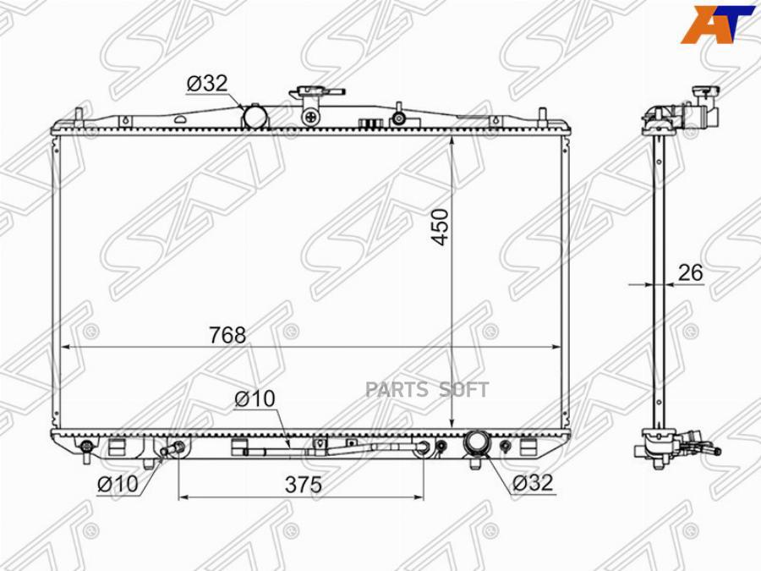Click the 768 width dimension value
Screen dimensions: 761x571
(227, 335)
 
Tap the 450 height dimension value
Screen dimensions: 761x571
(441, 228)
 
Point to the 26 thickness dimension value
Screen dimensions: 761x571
(690, 273)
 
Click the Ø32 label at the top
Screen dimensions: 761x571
(207, 84)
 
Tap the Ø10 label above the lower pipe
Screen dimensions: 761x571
(255, 399)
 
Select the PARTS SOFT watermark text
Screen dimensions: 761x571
(427, 389)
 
